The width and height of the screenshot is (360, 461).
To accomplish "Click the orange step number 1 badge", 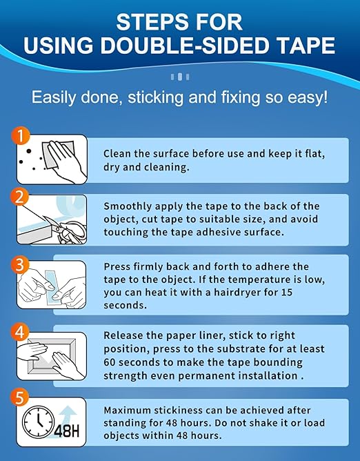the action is pos(21,135).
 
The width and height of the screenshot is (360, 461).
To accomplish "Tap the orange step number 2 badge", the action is pos(20,197).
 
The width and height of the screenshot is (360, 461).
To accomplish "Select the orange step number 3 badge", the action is pos(20,264).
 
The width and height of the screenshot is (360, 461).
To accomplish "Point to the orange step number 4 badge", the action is pos(20,332).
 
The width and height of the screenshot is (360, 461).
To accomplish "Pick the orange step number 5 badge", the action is pos(20,398).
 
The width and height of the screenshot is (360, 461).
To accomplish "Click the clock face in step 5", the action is pos(39,421).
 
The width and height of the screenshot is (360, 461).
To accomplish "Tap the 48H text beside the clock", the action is pos(67,431).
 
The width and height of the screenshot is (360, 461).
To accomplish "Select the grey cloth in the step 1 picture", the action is pos(58,154).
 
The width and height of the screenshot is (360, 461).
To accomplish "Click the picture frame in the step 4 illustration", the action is pos(52,356).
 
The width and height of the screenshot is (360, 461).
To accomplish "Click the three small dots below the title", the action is pos(180,77).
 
